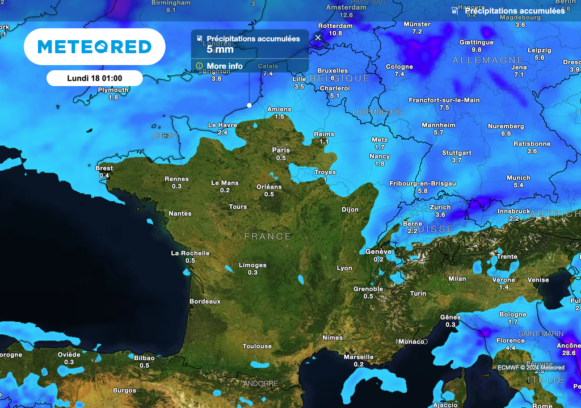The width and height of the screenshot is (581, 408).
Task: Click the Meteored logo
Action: pos(94,47)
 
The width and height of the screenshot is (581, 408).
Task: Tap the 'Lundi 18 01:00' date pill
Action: pos(94,78)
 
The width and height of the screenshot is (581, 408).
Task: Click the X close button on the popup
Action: pos(318,37)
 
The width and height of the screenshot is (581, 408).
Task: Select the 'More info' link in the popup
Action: pos(224,66)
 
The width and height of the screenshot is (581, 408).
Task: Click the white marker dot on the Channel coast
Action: pos(249,105)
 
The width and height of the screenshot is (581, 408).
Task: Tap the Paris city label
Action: pos(281,150)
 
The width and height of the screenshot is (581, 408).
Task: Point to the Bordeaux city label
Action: pos(205,301)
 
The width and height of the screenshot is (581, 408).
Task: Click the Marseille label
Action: pos(359,357)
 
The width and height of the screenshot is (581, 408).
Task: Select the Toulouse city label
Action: pos(257,346)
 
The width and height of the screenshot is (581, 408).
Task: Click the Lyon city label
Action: pos(344,268)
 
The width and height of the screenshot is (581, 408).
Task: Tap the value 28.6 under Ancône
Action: pos(569,353)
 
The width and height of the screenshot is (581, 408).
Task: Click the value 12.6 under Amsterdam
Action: pos(346,15)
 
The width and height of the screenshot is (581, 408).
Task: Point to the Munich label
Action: pos(518,178)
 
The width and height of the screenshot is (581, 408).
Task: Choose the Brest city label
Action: pos(104,168)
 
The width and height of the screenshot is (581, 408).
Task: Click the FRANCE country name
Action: pos(268,236)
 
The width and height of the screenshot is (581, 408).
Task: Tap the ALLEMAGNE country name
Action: pos(480,60)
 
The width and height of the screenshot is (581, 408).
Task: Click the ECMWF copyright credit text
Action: pos(531,367)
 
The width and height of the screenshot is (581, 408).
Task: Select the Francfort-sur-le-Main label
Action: pos(444,100)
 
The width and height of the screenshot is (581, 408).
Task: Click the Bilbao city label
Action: pos(144,358)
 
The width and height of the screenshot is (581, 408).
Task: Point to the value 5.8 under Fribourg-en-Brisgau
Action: pos(422,191)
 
